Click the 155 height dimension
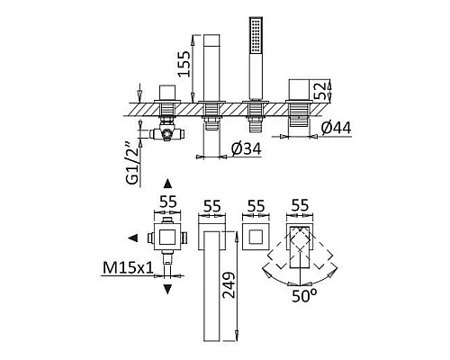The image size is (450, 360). click(x=184, y=64)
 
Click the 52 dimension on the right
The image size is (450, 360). click(x=319, y=91)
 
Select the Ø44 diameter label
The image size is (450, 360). click(x=336, y=128)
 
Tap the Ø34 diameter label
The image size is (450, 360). click(x=246, y=148)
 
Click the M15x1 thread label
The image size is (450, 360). click(x=128, y=268)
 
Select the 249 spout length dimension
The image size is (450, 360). click(x=229, y=284)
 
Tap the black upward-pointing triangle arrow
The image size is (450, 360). click(x=167, y=184)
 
